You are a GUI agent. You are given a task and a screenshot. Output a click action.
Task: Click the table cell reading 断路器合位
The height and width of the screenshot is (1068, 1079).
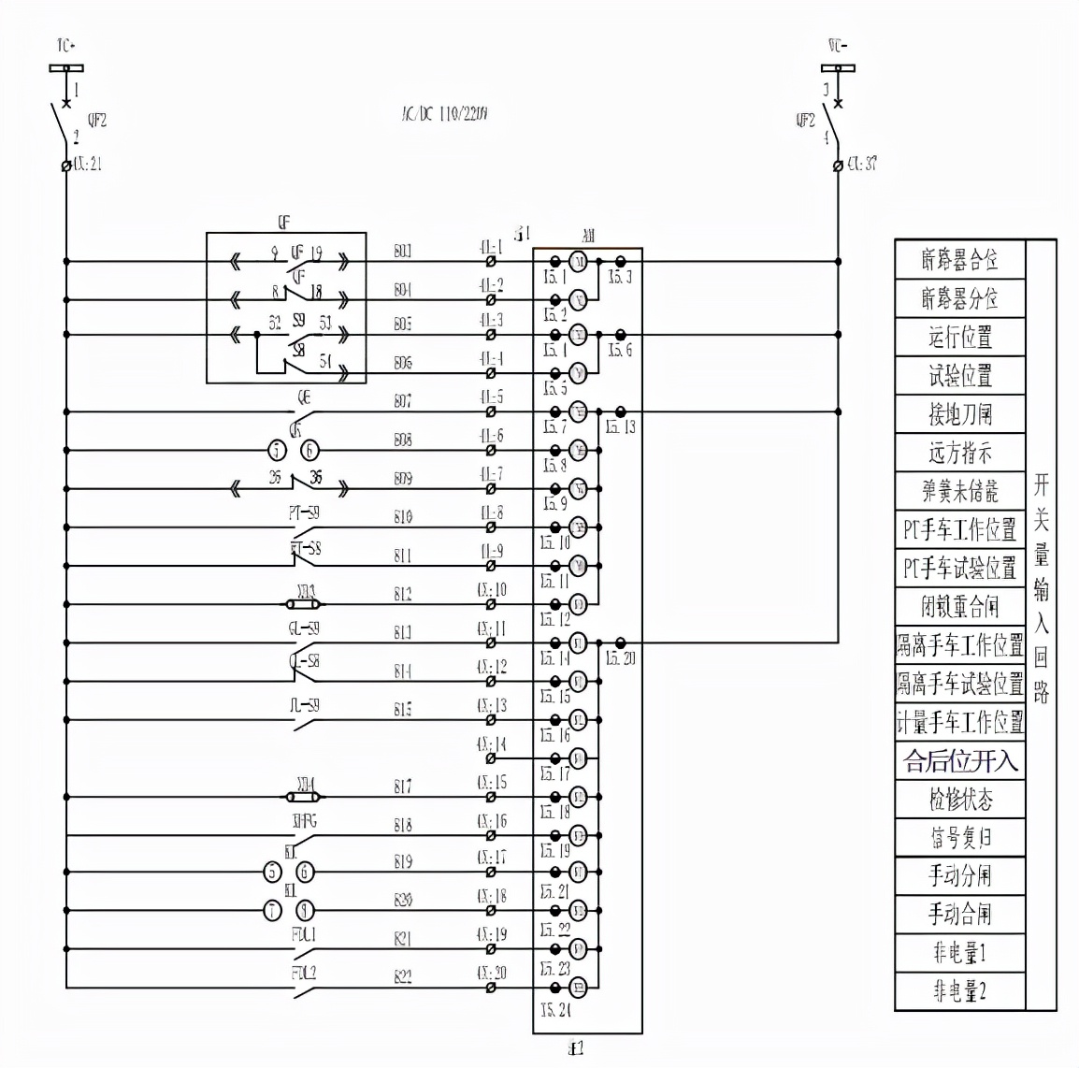point(959,259)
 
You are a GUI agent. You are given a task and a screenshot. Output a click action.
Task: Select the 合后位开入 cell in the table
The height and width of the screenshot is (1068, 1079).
point(959,760)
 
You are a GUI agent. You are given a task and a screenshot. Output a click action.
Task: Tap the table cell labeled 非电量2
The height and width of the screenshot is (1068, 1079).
point(959,990)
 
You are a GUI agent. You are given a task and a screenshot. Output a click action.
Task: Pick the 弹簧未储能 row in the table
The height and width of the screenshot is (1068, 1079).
point(959,490)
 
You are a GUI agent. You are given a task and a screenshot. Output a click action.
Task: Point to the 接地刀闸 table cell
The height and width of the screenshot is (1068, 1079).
point(959,413)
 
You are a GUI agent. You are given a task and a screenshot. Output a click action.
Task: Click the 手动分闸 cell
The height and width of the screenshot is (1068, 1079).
point(959,875)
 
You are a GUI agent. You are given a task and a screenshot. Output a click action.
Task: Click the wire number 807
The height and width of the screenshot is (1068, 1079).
point(403,401)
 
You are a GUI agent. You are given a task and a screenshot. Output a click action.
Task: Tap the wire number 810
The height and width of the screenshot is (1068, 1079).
point(403,516)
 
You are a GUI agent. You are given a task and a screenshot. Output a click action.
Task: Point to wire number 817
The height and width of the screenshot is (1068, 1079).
point(403,787)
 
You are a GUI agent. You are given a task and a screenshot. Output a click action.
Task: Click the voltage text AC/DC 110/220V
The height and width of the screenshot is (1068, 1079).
point(440,114)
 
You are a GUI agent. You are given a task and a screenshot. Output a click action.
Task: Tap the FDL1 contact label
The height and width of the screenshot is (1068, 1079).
point(304,934)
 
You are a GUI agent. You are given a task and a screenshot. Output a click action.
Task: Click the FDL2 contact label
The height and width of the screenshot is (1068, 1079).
point(304,973)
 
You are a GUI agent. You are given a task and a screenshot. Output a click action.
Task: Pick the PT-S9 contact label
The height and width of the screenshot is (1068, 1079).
point(304,512)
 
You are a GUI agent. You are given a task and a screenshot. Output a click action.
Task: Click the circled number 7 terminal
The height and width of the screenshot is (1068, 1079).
point(271,910)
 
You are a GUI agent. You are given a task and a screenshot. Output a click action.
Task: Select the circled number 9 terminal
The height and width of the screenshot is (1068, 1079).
point(305,910)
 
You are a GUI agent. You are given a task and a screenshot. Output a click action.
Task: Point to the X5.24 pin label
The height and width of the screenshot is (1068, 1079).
point(555,1010)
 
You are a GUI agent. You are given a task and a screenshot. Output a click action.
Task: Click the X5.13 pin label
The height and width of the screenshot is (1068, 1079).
point(620,427)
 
